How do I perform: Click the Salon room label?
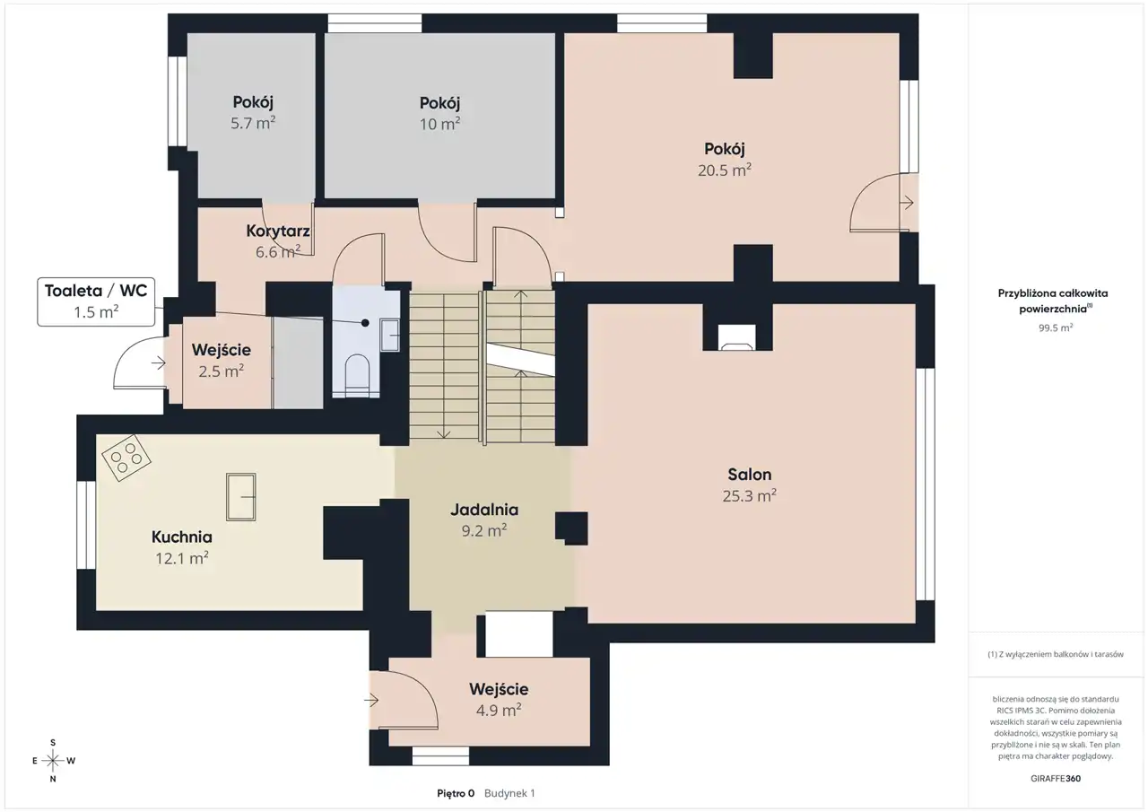pos(749,475)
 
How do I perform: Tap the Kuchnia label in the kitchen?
pos(181,537)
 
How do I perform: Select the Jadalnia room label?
pos(484,510)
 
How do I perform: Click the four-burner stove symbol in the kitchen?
pos(126,458)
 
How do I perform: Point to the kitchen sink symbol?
pos(241,497)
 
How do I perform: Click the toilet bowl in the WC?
pos(357,375)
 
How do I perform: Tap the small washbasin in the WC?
pos(390,336)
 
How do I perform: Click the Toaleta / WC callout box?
pos(96,301)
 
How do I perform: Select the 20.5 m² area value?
pos(724,170)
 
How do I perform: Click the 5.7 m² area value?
pos(253,123)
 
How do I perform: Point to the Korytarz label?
pos(278,231)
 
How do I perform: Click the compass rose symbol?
pos(53,761)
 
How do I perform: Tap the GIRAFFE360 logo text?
pos(1056,778)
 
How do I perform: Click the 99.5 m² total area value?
pos(1056,327)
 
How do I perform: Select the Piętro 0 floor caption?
pos(456,793)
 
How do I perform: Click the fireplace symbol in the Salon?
pos(737,337)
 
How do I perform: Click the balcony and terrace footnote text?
pos(1056,654)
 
